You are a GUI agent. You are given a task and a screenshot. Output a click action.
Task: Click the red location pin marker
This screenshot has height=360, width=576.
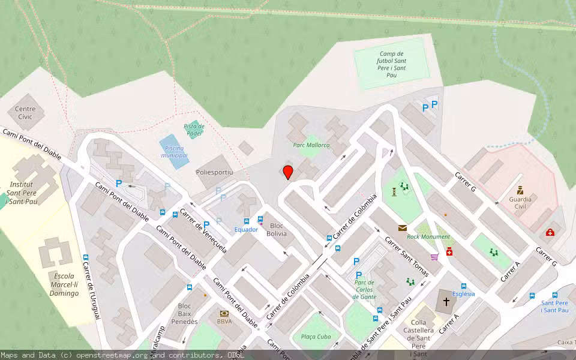click(x=288, y=172)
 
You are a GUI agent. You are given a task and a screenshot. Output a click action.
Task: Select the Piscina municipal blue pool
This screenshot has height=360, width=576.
click(x=173, y=152)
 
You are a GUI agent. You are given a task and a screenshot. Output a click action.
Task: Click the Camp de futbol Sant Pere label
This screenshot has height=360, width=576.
click(x=392, y=64)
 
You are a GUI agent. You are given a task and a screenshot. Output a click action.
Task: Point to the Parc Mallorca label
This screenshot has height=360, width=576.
click(x=311, y=145)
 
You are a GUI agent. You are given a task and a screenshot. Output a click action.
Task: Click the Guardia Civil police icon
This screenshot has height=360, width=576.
click(x=520, y=190)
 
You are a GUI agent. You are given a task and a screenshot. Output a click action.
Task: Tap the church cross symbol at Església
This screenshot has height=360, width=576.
click(x=446, y=301)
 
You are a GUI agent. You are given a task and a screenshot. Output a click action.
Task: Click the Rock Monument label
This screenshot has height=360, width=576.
click(x=428, y=237)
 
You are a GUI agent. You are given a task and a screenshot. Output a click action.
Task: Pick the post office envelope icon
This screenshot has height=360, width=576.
click(x=402, y=227)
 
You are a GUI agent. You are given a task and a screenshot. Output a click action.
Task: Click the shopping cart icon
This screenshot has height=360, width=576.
click(x=434, y=256)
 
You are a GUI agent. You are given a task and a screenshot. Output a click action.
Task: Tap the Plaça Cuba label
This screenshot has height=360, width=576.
click(x=316, y=337)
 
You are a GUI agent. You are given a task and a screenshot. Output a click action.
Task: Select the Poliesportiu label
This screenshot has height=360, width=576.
click(x=214, y=172)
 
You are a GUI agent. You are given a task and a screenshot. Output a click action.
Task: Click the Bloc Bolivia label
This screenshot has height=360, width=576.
click(x=277, y=229)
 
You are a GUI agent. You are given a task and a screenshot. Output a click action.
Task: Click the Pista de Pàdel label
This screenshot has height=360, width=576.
click(x=194, y=130)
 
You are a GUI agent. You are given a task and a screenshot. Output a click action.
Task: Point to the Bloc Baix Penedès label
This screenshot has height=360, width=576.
click(x=184, y=314)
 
